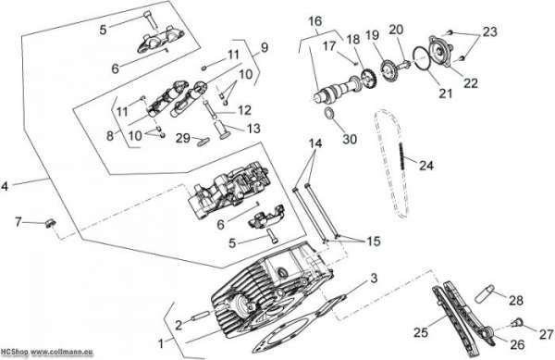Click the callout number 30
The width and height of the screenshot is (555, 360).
350,139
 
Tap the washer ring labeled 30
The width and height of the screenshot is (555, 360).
330,114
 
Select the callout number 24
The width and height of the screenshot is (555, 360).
426,165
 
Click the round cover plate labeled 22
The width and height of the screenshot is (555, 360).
439,51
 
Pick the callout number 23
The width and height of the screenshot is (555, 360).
490,31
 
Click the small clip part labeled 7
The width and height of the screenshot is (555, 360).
50,223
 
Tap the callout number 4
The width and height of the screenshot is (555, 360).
5,186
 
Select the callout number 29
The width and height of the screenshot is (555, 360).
183,138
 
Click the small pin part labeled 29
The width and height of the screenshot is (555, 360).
203,142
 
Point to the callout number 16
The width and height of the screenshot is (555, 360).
315,21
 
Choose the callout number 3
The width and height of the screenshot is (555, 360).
374,279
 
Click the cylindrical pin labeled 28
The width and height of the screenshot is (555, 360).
484,293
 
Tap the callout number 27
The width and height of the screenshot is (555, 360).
546,334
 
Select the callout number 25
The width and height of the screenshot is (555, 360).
421,332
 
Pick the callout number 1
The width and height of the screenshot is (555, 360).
161,343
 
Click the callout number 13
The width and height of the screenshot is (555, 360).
253,128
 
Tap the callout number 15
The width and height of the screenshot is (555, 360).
374,241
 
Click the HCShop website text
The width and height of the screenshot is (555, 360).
47,353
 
